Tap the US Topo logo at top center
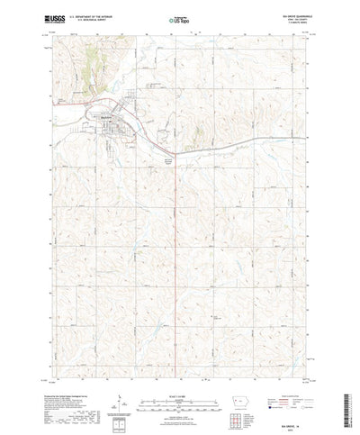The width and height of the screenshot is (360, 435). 178,18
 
